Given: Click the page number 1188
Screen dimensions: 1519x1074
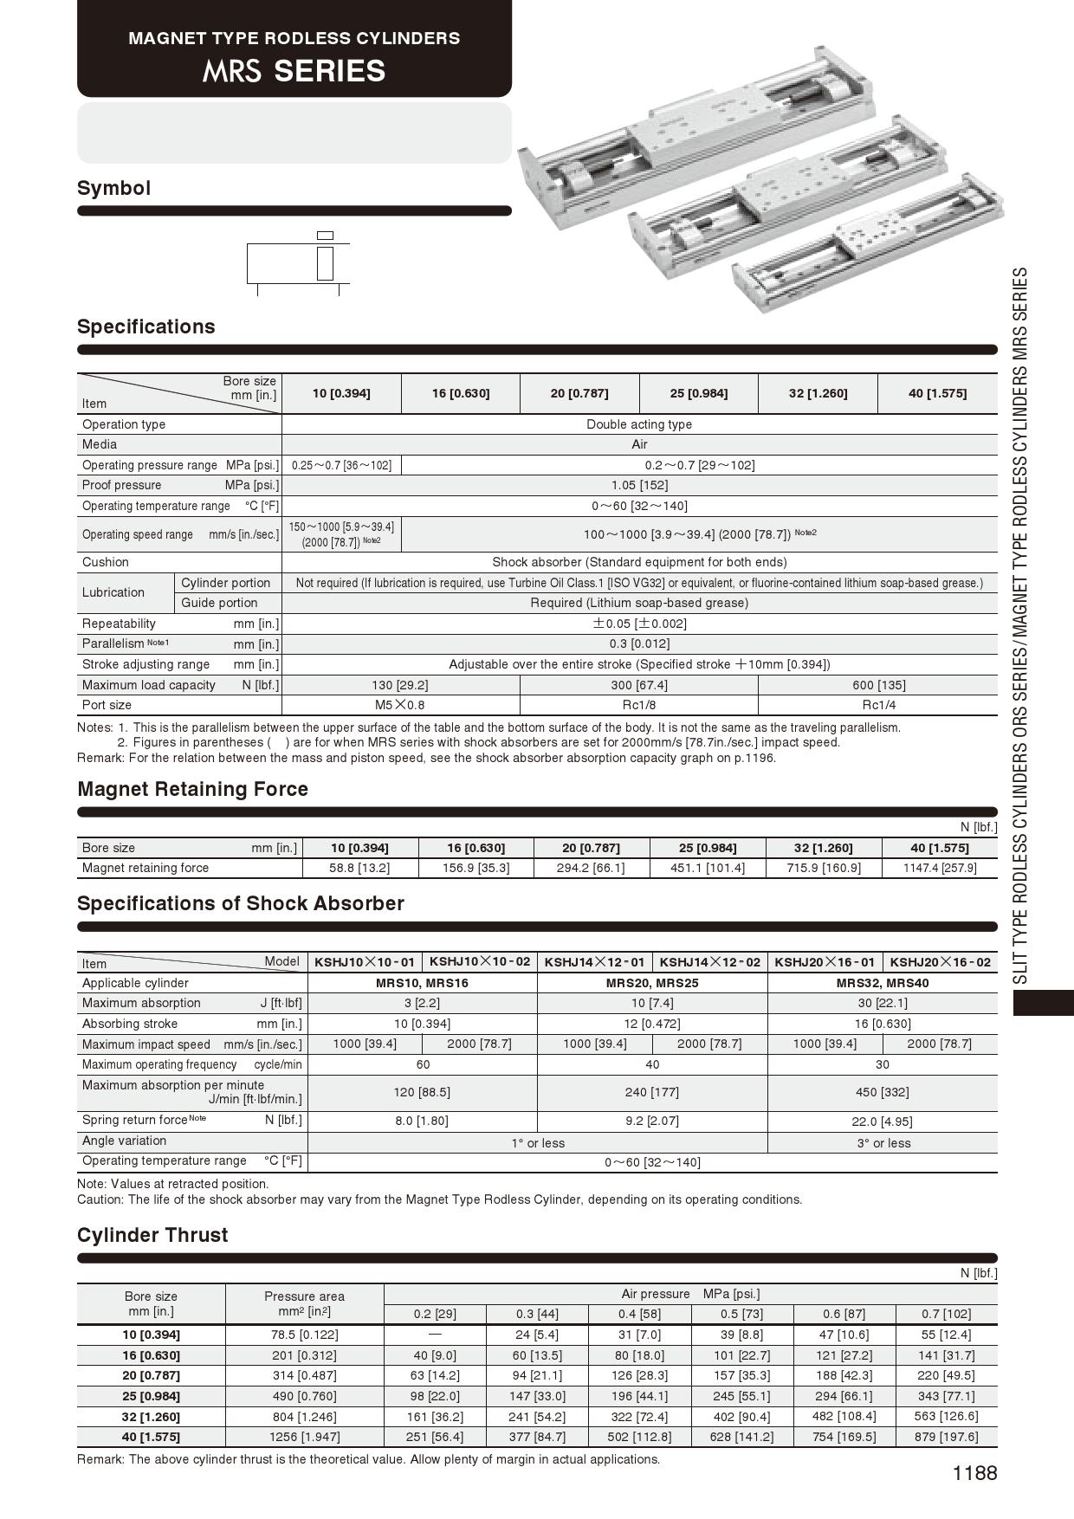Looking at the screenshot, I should pos(974,1473).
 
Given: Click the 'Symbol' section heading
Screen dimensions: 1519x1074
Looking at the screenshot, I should pos(113,188).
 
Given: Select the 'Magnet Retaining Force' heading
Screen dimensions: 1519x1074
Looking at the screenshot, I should pos(192,789).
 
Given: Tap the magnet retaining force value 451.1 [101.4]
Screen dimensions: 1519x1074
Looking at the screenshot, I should pos(707,868).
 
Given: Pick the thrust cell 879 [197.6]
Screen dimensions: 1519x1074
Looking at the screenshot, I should pos(946,1437).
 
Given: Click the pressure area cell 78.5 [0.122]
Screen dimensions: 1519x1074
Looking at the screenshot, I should pos(304,1335).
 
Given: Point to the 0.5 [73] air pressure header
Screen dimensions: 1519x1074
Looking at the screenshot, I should pos(741,1314).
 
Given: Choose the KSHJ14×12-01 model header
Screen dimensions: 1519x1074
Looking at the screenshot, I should pos(594,962).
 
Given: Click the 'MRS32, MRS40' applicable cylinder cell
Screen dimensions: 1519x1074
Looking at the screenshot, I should pos(882,983).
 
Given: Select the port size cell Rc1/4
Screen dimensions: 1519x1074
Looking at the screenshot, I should pos(878,705).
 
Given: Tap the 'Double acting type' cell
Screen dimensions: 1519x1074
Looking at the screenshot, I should pos(639,424).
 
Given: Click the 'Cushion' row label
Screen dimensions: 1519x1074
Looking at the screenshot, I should pos(106,562).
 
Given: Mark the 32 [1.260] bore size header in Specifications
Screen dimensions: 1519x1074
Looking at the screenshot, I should pos(818,393).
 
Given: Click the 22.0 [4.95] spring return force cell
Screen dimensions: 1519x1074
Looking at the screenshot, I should pos(882,1121).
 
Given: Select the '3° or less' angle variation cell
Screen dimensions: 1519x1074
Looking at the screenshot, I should pos(883,1143).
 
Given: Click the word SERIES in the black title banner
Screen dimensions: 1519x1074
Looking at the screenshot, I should pos(329,71).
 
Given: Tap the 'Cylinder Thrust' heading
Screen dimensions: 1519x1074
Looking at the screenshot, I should pos(152,1235).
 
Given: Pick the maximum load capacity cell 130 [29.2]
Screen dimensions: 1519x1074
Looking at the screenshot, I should pos(399,685).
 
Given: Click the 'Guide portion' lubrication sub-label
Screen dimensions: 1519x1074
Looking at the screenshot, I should pos(219,603).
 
